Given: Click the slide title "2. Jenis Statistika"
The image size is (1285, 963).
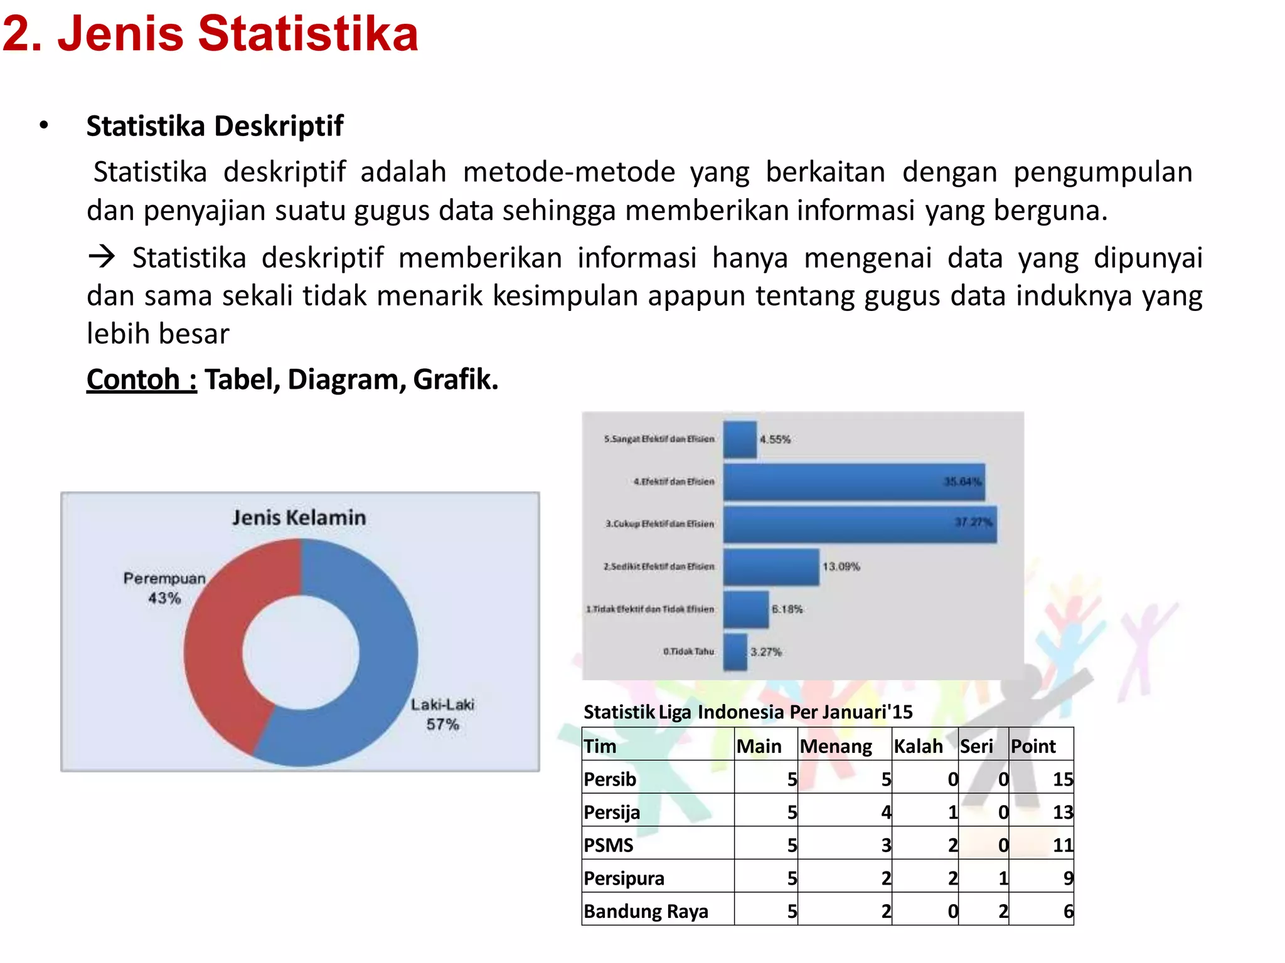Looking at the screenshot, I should click(x=210, y=34).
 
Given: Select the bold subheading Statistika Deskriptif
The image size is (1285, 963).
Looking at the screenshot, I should click(x=215, y=126).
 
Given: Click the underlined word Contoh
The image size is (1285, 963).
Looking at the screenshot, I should click(x=141, y=379).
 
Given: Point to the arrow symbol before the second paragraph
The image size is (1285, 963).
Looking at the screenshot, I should click(x=102, y=257).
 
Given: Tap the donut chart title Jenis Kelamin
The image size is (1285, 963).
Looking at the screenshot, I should click(x=299, y=518).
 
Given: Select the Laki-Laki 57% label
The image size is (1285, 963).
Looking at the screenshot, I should click(x=442, y=714).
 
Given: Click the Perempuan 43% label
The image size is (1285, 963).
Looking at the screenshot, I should click(x=164, y=587).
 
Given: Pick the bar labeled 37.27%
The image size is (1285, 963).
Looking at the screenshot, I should click(x=860, y=524).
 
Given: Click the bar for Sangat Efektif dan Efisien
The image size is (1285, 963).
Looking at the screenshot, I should click(x=740, y=439).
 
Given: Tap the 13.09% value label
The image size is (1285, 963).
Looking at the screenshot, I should click(x=841, y=567).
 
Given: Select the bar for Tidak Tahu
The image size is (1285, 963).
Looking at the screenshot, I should click(x=735, y=652).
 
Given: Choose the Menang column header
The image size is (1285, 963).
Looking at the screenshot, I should click(x=836, y=746).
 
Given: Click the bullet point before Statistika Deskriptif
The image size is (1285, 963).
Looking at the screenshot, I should click(x=43, y=125).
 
